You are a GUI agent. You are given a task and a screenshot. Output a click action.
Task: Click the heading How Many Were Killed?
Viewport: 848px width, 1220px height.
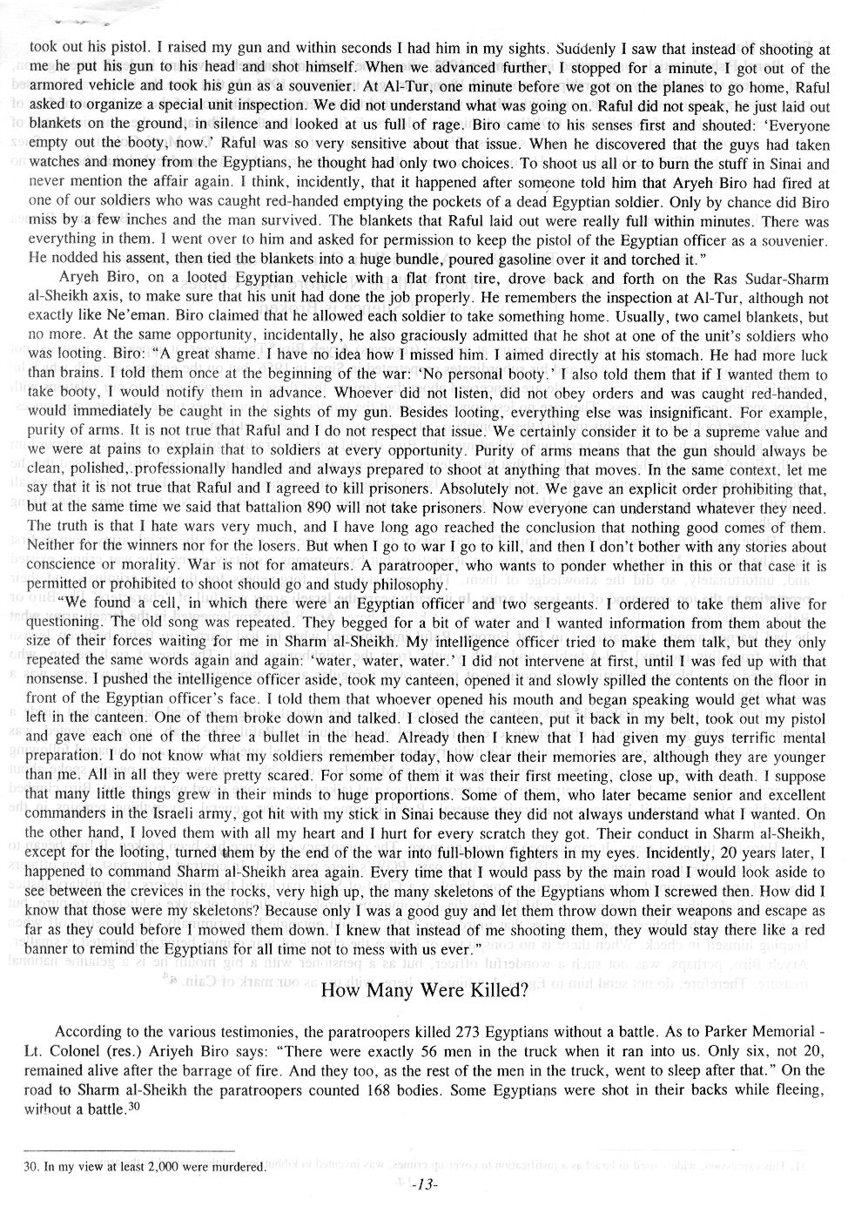pyautogui.click(x=424, y=990)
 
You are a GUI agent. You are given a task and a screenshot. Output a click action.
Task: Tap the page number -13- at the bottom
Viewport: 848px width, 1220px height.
pyautogui.click(x=424, y=1184)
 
